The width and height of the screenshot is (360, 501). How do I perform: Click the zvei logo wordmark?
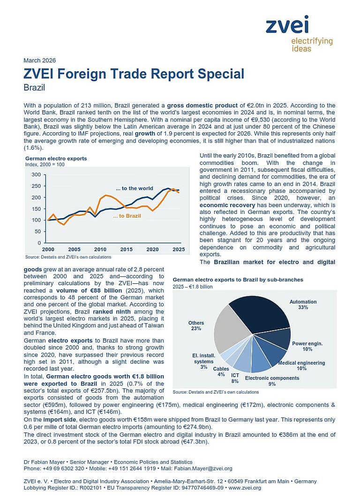click(287, 24)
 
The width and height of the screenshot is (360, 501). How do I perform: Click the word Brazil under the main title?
click(34, 87)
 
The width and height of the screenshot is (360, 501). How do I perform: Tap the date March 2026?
click(39, 61)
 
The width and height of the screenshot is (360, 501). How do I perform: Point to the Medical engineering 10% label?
click(301, 365)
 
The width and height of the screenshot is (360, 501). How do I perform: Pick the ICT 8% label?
click(235, 378)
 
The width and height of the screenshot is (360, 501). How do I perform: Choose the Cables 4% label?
click(221, 372)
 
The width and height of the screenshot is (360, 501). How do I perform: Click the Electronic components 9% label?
click(271, 380)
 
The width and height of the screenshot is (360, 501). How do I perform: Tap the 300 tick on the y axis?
click(35, 175)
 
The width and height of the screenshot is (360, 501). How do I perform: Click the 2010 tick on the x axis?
click(100, 249)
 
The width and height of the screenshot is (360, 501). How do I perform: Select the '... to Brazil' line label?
click(127, 216)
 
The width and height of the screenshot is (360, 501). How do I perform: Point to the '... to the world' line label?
click(135, 188)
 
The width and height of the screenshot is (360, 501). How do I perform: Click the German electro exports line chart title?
click(56, 159)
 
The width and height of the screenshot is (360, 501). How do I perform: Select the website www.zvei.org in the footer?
click(245, 488)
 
